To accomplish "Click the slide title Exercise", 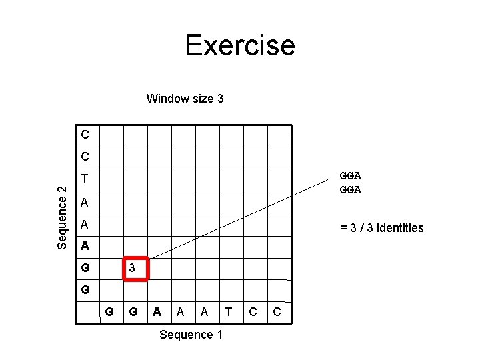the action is (239, 45).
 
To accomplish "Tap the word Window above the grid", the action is (168, 99).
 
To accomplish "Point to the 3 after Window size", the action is (220, 99).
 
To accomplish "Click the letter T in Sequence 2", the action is (85, 179).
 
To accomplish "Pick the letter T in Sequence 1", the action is (229, 311).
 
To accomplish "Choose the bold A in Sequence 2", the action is (85, 246).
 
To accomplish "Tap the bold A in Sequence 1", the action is (157, 311).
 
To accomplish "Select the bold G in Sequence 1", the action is (133, 311).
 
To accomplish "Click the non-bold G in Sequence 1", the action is (109, 311).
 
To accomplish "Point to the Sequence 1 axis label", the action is (191, 335).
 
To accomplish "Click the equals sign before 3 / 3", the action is (343, 228).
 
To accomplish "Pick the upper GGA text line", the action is (350, 176).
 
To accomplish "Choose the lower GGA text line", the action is (350, 190).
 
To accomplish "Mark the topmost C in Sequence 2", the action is (85, 135).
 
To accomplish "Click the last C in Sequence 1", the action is (277, 311).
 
